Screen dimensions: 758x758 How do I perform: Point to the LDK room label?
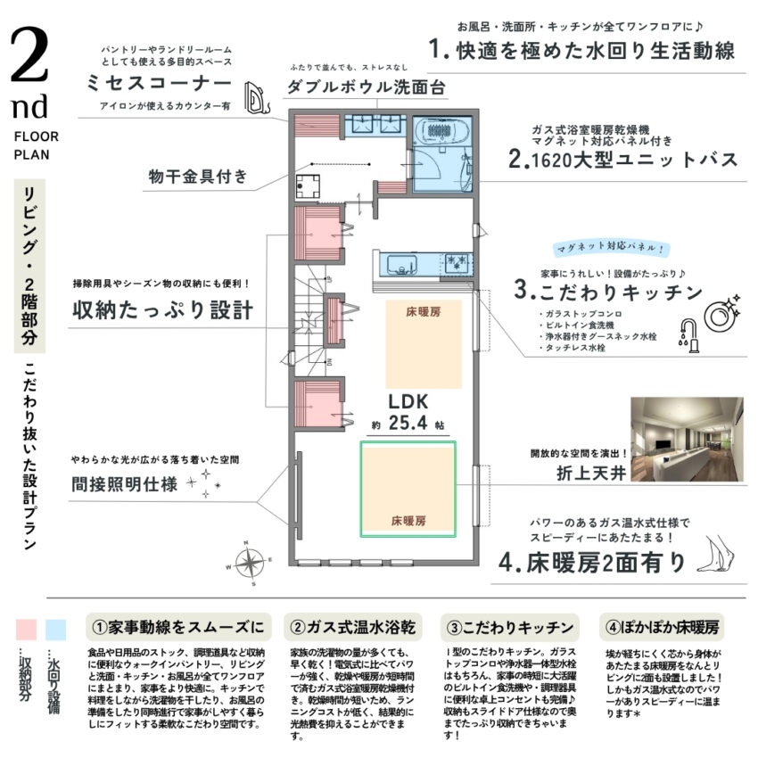408,400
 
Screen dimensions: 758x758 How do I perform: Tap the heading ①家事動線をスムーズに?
176,625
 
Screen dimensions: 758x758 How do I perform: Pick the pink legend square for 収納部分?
29,630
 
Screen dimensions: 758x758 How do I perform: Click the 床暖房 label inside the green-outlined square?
408,519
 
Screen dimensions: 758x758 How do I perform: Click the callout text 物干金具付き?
197,177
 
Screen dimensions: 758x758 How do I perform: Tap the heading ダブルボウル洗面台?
365,88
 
